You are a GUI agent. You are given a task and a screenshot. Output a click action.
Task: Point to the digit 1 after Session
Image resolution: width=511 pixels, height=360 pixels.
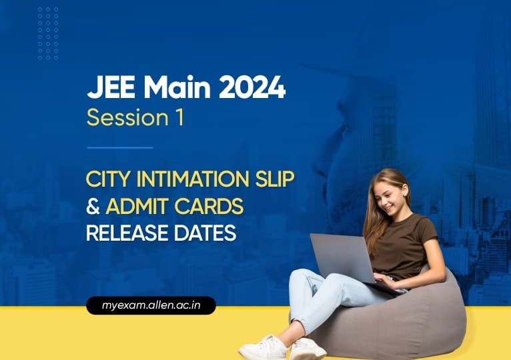179,118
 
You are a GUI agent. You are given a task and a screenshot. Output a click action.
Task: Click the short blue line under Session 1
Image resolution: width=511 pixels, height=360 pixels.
120,148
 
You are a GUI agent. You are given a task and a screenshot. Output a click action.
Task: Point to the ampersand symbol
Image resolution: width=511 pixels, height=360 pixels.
93,207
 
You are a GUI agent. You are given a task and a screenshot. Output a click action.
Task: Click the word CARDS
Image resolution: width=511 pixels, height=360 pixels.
211,207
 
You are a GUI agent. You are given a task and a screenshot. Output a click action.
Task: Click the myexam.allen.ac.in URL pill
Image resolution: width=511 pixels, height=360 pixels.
151,306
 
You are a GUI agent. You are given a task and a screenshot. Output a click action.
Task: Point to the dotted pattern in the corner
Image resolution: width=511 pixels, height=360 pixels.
48,33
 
